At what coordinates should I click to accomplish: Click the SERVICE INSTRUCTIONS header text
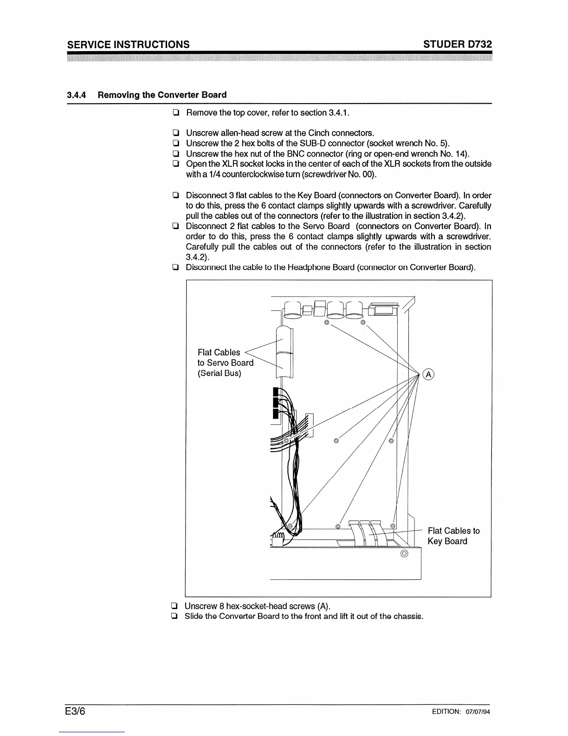point(129,45)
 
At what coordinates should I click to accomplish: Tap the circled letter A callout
point(429,374)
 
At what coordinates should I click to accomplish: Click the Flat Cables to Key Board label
point(453,536)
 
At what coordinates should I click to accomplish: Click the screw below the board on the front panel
point(404,554)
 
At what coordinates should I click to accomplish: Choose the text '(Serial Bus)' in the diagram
point(219,373)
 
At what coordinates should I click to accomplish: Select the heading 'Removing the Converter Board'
point(162,95)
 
